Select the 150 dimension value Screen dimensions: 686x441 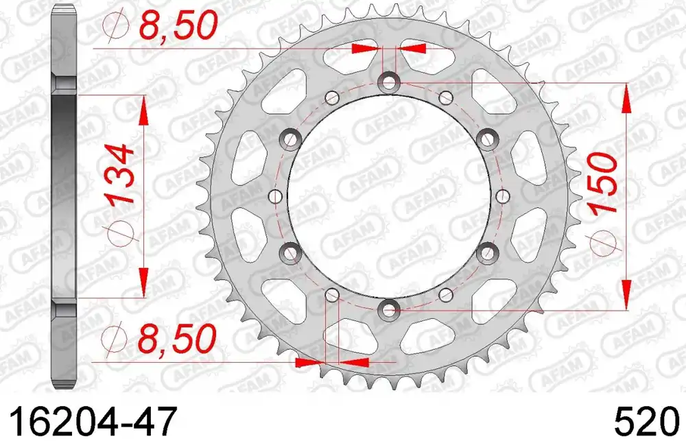coord(604,184)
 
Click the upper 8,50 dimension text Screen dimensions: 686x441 coord(178,26)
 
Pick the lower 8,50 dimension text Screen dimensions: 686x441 coord(177,338)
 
